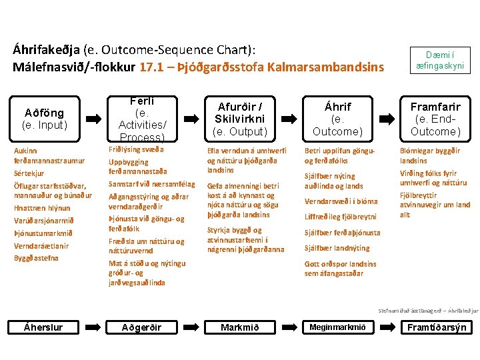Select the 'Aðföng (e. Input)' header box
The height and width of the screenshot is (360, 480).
[x=43, y=119]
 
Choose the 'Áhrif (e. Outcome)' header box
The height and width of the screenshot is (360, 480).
[x=337, y=119]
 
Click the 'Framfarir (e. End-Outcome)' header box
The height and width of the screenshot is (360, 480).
[x=435, y=119]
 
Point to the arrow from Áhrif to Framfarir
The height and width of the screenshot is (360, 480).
[x=387, y=119]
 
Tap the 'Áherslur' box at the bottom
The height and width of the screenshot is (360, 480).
[x=43, y=327]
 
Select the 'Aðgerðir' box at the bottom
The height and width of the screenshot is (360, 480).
[x=141, y=327]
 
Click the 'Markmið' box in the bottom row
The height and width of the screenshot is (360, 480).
[x=240, y=327]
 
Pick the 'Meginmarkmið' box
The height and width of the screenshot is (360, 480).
[x=337, y=327]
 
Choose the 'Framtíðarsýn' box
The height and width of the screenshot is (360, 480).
[x=437, y=327]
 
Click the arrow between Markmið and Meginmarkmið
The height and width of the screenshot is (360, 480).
[x=289, y=327]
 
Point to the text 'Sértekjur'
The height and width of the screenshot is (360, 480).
[x=29, y=173]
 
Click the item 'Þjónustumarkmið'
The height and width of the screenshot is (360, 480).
[x=43, y=233]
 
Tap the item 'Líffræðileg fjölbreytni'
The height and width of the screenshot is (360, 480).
[x=340, y=217]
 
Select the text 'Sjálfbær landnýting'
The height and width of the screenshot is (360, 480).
[x=337, y=248]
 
